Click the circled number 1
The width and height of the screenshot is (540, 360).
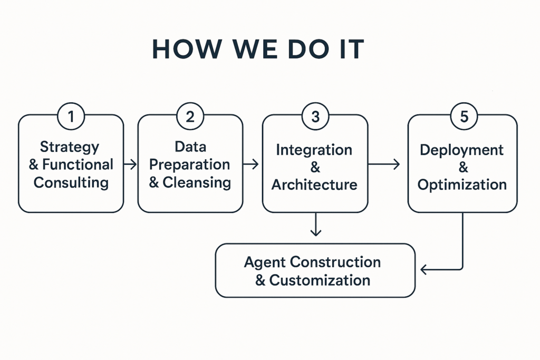(x=71, y=116)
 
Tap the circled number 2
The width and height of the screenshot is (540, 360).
(x=190, y=116)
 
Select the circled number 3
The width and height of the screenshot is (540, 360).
(x=315, y=116)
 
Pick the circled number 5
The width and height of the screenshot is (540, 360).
(x=464, y=116)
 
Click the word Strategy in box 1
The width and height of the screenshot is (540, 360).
(x=70, y=147)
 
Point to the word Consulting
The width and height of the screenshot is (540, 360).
(x=71, y=182)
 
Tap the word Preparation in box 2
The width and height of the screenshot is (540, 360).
(x=189, y=164)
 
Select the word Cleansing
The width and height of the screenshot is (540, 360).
(x=197, y=182)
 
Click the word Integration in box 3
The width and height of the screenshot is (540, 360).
(x=314, y=150)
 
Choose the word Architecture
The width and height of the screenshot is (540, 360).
(x=314, y=185)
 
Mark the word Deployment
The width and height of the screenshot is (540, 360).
(x=462, y=150)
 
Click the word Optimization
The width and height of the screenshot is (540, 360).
(x=462, y=184)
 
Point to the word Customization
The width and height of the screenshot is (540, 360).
(x=320, y=280)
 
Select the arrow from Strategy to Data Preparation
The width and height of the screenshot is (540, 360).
(x=130, y=164)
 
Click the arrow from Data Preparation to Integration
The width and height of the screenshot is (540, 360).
(x=252, y=164)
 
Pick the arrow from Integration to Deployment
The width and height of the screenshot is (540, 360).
(x=384, y=164)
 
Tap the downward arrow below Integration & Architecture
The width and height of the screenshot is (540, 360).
(x=315, y=225)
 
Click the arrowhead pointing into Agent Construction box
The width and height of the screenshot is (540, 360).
(x=425, y=270)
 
